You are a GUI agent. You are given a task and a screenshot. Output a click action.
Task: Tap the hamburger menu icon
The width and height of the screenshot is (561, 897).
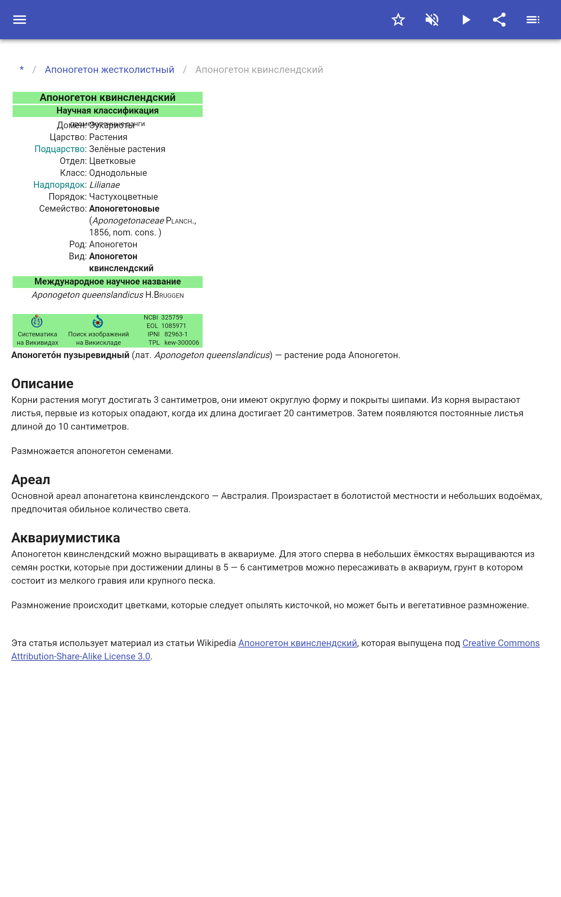pyautogui.click(x=20, y=20)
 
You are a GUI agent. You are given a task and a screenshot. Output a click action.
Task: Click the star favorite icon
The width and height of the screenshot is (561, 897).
pyautogui.click(x=398, y=20)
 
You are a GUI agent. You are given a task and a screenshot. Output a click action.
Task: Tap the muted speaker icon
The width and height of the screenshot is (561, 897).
pyautogui.click(x=432, y=20)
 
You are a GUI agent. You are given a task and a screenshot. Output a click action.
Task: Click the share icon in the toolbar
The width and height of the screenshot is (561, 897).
pyautogui.click(x=499, y=20)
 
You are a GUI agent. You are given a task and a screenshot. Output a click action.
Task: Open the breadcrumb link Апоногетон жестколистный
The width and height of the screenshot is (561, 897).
pyautogui.click(x=109, y=70)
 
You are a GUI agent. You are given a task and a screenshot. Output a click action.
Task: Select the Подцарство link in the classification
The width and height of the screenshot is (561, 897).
pyautogui.click(x=60, y=149)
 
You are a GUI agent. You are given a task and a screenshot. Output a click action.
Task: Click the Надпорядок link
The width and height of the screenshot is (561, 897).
pyautogui.click(x=59, y=185)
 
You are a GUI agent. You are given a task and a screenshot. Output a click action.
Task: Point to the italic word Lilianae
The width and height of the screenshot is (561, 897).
pyautogui.click(x=104, y=185)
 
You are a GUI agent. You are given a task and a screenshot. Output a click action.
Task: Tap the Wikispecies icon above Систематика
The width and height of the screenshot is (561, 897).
pyautogui.click(x=37, y=321)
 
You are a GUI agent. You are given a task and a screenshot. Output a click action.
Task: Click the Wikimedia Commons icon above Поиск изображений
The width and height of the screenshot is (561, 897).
pyautogui.click(x=97, y=321)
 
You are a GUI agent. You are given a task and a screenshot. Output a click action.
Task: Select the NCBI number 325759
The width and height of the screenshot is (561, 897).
pyautogui.click(x=172, y=317)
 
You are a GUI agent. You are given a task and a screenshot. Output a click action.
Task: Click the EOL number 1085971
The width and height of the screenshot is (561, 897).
pyautogui.click(x=174, y=326)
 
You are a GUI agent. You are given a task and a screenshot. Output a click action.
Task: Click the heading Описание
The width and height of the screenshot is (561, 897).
pyautogui.click(x=42, y=384)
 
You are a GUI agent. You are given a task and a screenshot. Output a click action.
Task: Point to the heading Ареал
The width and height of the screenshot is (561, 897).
pyautogui.click(x=31, y=480)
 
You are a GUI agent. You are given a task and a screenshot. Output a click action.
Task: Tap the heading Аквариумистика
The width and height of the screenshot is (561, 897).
pyautogui.click(x=66, y=538)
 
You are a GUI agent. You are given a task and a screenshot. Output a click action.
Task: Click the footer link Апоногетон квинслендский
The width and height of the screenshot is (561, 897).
pyautogui.click(x=297, y=643)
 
